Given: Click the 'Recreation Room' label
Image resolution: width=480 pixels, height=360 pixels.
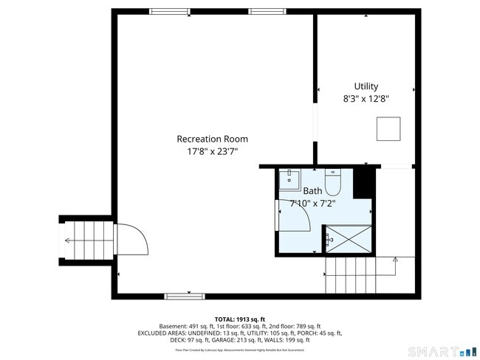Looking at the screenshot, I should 212,139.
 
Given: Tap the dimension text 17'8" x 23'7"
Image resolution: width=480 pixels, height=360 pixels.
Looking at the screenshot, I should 212,153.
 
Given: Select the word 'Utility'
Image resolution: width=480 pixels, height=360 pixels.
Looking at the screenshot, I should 366,86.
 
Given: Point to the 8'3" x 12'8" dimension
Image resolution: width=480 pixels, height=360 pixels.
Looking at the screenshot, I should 366,98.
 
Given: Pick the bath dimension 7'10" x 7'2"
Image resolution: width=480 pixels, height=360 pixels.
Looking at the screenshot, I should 312,203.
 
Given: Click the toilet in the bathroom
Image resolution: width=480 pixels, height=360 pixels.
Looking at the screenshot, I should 332,181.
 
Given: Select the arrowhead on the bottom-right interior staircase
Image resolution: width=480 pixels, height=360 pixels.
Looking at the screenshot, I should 395,259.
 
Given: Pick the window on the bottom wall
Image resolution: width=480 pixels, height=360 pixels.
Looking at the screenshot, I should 185,297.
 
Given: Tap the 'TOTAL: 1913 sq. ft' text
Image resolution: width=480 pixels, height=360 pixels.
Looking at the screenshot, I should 240,319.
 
